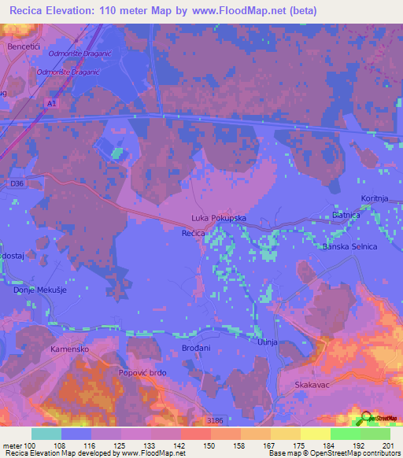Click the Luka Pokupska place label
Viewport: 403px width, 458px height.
pyautogui.click(x=220, y=217)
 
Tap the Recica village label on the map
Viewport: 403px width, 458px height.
pyautogui.click(x=194, y=234)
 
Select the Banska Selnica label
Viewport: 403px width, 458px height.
pyautogui.click(x=350, y=247)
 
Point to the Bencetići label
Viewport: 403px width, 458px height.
pyautogui.click(x=23, y=46)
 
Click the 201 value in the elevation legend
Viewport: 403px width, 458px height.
pyautogui.click(x=386, y=445)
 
